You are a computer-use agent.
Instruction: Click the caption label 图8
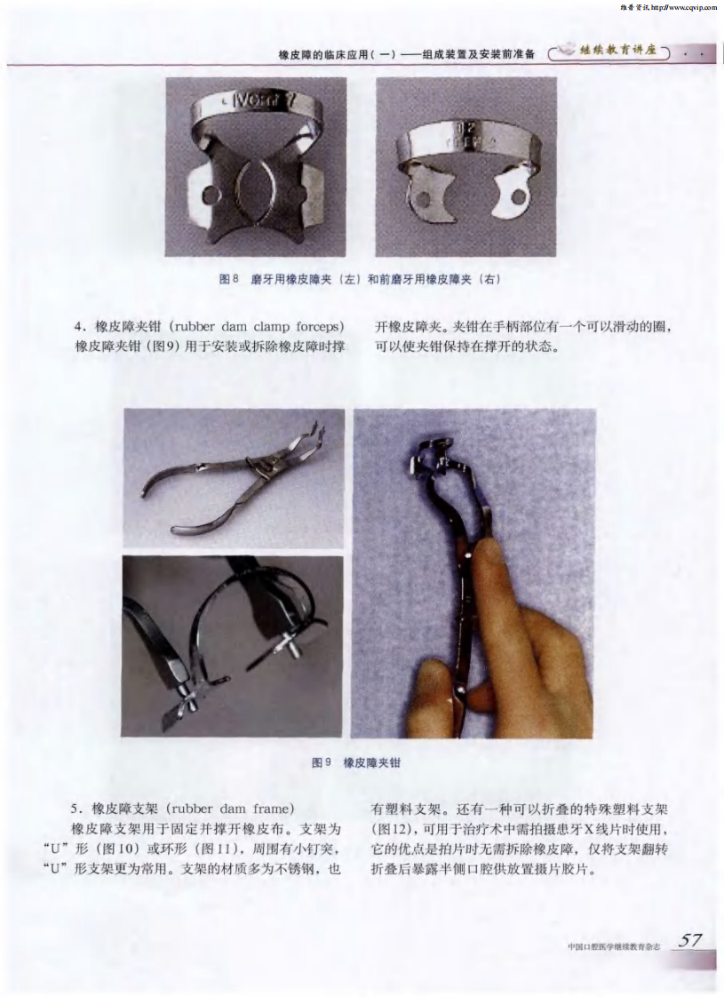coord(229,278)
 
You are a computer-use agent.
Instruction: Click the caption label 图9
coord(322,762)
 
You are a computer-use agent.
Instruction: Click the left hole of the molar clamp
coord(209,194)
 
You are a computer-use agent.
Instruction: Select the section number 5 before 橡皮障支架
coord(75,809)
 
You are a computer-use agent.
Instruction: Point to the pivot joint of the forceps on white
coord(258,467)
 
